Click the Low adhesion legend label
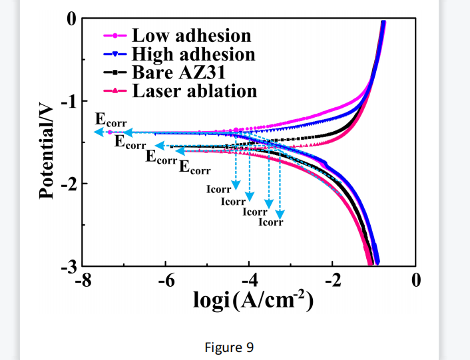pyautogui.click(x=191, y=35)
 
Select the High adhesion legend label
pyautogui.click(x=193, y=54)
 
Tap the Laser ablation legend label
pyautogui.click(x=194, y=90)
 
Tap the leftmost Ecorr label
pyautogui.click(x=111, y=120)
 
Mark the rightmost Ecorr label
pyautogui.click(x=195, y=167)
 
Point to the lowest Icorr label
pyautogui.click(x=271, y=222)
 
